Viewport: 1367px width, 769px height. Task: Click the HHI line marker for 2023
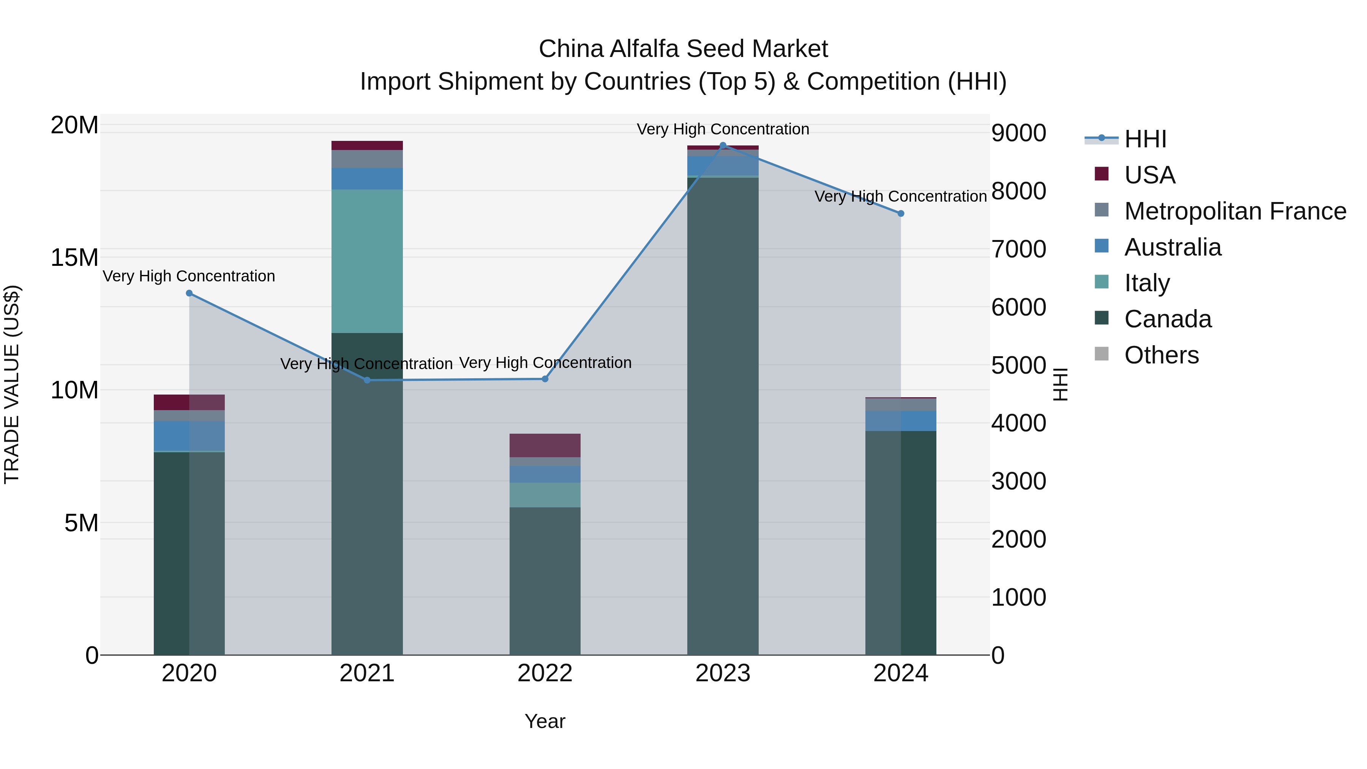(x=722, y=145)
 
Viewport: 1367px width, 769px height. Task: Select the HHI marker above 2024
(x=901, y=213)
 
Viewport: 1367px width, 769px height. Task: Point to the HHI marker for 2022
(x=545, y=379)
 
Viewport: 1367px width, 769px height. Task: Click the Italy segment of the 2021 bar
(x=367, y=261)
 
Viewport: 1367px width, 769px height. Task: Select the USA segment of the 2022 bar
(x=545, y=445)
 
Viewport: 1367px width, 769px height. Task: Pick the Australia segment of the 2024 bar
(x=901, y=421)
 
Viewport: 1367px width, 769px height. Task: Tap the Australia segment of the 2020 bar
(x=189, y=436)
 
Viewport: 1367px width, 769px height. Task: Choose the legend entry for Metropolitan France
(x=1235, y=211)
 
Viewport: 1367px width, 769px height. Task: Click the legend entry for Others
(x=1161, y=355)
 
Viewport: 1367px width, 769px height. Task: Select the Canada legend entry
(x=1168, y=319)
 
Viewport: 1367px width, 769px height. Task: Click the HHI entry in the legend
(x=1145, y=139)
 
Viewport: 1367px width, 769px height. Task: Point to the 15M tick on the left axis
(x=74, y=257)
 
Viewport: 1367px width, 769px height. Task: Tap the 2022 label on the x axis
(x=545, y=673)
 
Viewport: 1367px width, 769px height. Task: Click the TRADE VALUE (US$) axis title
(x=12, y=384)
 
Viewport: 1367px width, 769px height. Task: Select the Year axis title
(x=545, y=721)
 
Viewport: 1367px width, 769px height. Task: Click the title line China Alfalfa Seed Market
(x=683, y=49)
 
